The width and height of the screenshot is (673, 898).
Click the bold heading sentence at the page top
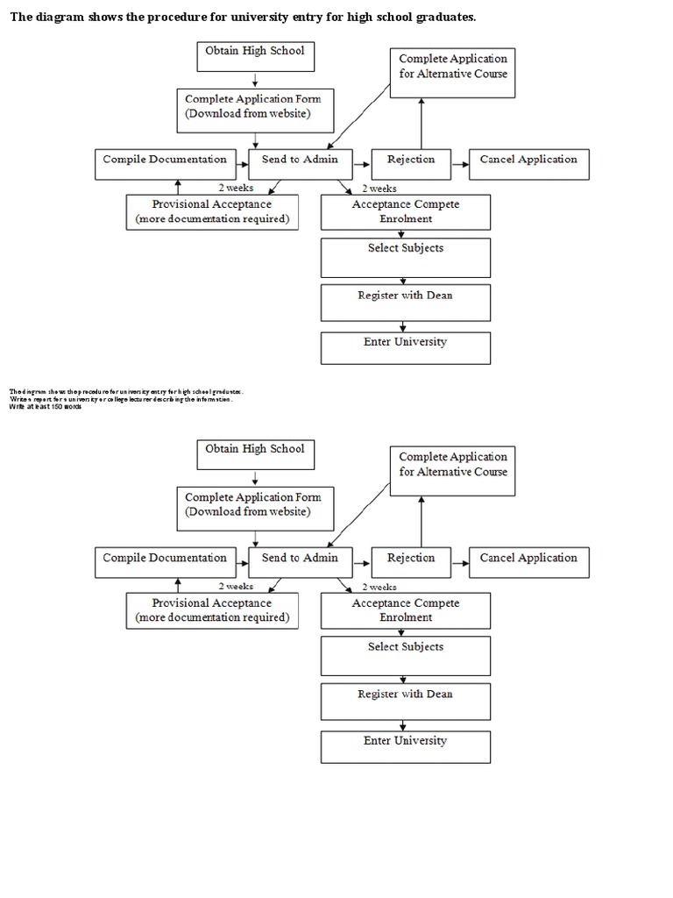tap(242, 17)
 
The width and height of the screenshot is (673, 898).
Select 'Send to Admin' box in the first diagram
tap(300, 163)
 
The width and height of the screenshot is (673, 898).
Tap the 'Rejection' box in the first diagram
tap(410, 163)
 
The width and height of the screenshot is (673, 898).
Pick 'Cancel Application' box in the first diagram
tap(528, 163)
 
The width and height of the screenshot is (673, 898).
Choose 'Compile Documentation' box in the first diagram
tap(165, 163)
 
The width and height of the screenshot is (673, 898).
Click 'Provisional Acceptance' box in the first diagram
tap(212, 211)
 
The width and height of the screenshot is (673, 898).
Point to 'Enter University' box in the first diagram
tap(405, 347)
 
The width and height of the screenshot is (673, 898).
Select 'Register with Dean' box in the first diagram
tap(405, 301)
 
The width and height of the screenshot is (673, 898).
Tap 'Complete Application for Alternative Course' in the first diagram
tap(453, 73)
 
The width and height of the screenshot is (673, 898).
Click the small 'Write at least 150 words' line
tap(46, 406)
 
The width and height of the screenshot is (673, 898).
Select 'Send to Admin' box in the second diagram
tap(300, 561)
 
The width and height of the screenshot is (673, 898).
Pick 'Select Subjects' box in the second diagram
tap(405, 654)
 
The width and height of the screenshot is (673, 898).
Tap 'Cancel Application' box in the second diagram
tap(528, 561)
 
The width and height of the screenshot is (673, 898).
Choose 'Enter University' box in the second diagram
tap(405, 746)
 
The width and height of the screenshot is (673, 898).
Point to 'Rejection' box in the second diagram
tap(410, 561)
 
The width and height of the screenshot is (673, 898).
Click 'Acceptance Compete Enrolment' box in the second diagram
tap(406, 609)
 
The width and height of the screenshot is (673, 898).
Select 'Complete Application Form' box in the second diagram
tap(254, 508)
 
